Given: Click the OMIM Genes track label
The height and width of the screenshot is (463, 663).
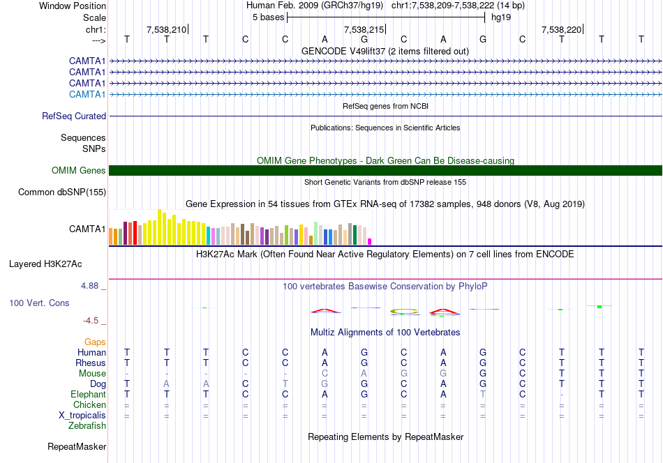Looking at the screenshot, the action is click(79, 170).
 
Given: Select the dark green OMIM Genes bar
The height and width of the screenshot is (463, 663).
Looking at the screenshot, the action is click(385, 170).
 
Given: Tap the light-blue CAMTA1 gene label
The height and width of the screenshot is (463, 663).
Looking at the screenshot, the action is click(87, 94).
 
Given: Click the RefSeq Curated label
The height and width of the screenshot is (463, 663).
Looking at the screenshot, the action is click(74, 116).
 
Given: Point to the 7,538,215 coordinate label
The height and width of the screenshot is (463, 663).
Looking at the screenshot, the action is click(364, 29).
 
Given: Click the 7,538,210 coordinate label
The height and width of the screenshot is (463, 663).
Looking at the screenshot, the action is click(166, 29).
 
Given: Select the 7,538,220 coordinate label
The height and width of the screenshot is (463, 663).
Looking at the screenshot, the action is click(561, 29).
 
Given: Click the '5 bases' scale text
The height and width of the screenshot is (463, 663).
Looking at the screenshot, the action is click(269, 17).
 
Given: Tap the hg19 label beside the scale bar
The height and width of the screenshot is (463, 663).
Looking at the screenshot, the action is click(501, 17).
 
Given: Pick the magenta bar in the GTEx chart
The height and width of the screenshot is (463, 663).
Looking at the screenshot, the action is click(370, 242).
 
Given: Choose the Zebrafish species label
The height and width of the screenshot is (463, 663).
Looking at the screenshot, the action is click(87, 426).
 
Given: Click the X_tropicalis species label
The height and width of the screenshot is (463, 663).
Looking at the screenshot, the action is click(82, 416).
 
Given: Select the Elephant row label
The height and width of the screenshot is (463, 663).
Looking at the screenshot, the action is click(88, 394).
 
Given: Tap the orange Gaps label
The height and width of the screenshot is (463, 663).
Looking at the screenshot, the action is click(95, 342).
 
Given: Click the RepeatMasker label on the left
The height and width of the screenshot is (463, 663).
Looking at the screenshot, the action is click(77, 446).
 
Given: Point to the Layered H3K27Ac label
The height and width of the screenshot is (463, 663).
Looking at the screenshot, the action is click(45, 264).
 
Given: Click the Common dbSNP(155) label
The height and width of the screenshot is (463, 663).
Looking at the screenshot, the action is click(62, 192).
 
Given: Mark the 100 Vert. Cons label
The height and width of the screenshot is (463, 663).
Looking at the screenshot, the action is click(39, 303).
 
